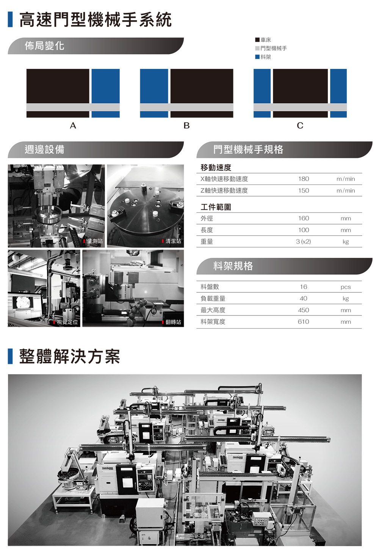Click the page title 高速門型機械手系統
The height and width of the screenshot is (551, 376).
pos(95,20)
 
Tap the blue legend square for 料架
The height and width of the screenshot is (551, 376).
pos(257,57)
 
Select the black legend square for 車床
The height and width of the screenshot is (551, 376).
pos(257,40)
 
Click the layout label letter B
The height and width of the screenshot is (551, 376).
pos(186,126)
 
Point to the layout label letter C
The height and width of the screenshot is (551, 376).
pos(300,126)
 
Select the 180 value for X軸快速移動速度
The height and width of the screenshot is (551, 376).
pos(304,179)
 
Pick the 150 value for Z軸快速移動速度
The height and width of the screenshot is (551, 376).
pos(304,190)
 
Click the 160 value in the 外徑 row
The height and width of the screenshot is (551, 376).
pos(304,218)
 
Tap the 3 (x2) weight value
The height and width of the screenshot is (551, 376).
pos(303,242)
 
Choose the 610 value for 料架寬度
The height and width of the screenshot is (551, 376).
pos(303,322)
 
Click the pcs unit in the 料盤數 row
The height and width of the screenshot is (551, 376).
pos(346,287)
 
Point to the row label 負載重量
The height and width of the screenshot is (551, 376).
pos(213,298)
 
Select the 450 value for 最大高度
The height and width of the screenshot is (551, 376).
pos(303,310)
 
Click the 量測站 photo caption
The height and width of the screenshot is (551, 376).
pos(95,241)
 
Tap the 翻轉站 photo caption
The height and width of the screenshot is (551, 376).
pos(173,322)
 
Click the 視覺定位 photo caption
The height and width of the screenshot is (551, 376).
pos(67,322)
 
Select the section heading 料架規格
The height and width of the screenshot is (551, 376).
pos(233,266)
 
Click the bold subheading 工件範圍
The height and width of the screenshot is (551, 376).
pos(216,207)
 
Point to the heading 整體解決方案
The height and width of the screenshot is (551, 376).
pos(70,356)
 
